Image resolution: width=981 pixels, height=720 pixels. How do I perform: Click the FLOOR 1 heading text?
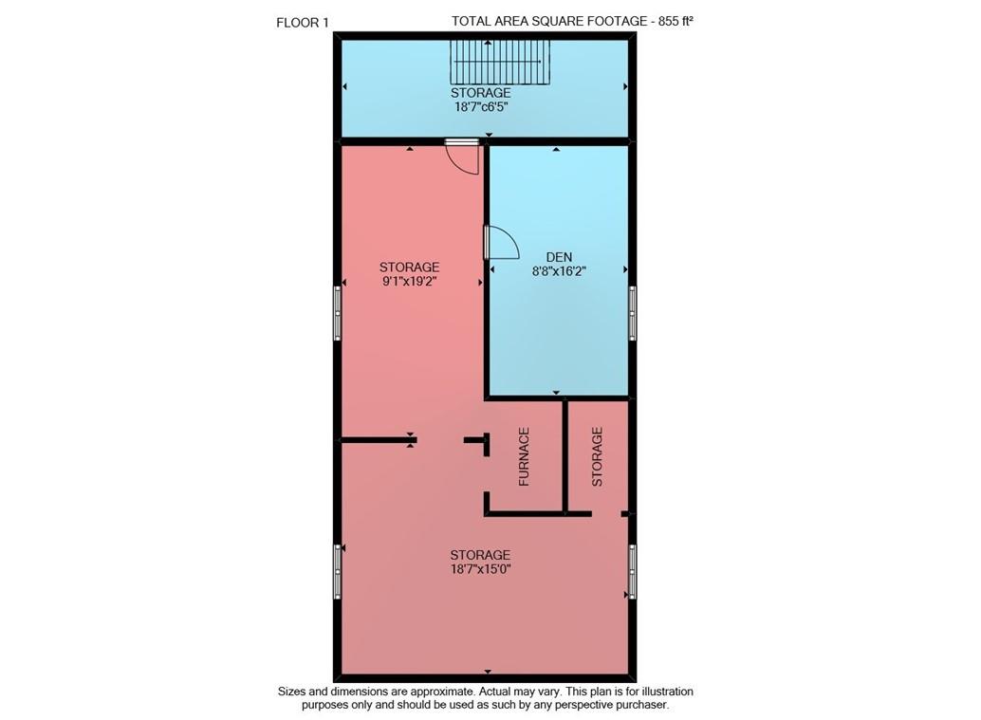click(302, 23)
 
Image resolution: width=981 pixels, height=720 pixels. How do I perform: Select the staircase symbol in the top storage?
click(501, 65)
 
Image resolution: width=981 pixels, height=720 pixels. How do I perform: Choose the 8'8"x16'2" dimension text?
click(560, 271)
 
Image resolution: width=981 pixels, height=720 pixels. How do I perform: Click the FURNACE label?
click(524, 457)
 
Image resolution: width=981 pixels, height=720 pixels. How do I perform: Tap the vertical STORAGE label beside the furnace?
click(597, 457)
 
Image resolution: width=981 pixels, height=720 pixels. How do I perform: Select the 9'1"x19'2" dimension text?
click(409, 282)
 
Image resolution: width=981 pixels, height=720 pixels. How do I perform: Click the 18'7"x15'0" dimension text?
click(481, 569)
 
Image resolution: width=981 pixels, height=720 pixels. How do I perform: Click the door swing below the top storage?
click(463, 157)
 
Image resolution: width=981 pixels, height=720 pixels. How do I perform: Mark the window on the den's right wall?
click(633, 313)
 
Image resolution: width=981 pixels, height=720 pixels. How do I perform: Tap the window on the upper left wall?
click(337, 314)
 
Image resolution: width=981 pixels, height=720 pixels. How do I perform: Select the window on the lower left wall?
click(337, 571)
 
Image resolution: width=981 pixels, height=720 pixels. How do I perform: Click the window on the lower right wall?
click(633, 571)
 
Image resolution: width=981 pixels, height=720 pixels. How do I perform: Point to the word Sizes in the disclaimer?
click(293, 692)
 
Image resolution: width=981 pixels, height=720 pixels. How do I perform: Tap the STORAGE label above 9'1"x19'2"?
click(409, 268)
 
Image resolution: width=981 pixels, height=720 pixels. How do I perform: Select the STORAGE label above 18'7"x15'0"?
click(481, 555)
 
